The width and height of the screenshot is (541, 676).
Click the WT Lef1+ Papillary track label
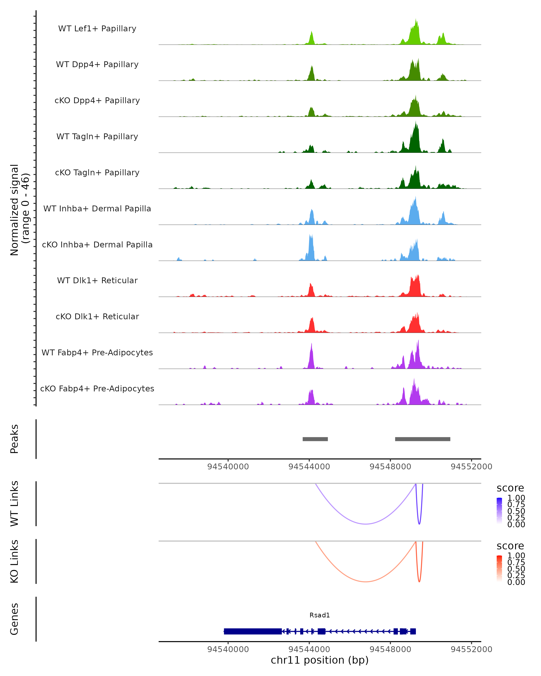(x=97, y=29)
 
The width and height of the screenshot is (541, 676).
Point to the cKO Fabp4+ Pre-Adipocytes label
(x=97, y=388)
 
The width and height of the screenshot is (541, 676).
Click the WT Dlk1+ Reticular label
(x=97, y=280)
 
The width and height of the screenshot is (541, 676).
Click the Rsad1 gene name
(x=320, y=615)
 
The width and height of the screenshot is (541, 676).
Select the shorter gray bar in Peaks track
(x=315, y=439)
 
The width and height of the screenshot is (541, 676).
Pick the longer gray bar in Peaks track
(x=422, y=439)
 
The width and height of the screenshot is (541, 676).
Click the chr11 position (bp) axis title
(x=320, y=660)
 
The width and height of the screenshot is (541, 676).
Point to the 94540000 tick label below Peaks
(x=228, y=467)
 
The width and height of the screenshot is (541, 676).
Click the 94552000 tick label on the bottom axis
(x=471, y=649)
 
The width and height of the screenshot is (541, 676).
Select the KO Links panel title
(x=14, y=561)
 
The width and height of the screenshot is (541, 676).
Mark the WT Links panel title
(x=14, y=504)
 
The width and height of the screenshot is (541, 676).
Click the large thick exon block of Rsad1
(x=253, y=631)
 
